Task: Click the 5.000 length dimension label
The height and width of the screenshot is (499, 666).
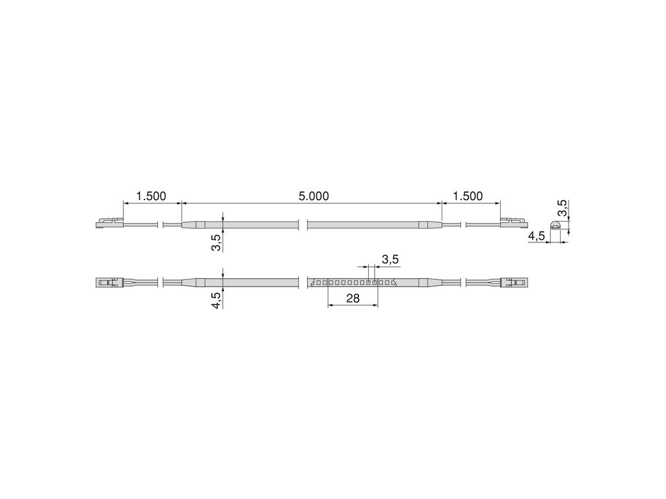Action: click(x=314, y=196)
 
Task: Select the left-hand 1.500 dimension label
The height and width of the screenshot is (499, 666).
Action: click(x=151, y=196)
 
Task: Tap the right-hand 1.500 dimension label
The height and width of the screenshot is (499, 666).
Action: click(x=467, y=196)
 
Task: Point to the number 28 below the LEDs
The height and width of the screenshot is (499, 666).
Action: click(x=353, y=298)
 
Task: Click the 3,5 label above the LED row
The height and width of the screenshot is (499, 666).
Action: click(x=390, y=260)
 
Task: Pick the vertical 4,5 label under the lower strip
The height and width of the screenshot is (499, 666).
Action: click(x=217, y=300)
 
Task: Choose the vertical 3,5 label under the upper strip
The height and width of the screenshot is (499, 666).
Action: click(x=217, y=242)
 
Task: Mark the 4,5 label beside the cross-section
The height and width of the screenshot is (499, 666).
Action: click(x=537, y=236)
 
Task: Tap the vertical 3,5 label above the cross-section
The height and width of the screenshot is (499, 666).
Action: click(x=563, y=209)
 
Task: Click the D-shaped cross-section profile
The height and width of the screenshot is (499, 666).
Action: click(x=555, y=225)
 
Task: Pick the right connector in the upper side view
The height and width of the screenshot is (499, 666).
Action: click(x=513, y=224)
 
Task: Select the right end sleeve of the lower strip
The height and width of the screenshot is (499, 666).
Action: click(x=429, y=283)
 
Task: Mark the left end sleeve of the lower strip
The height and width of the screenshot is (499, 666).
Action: click(x=193, y=283)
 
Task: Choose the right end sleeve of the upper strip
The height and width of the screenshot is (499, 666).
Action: click(x=429, y=225)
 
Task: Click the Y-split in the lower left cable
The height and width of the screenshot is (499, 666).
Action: click(x=130, y=283)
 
